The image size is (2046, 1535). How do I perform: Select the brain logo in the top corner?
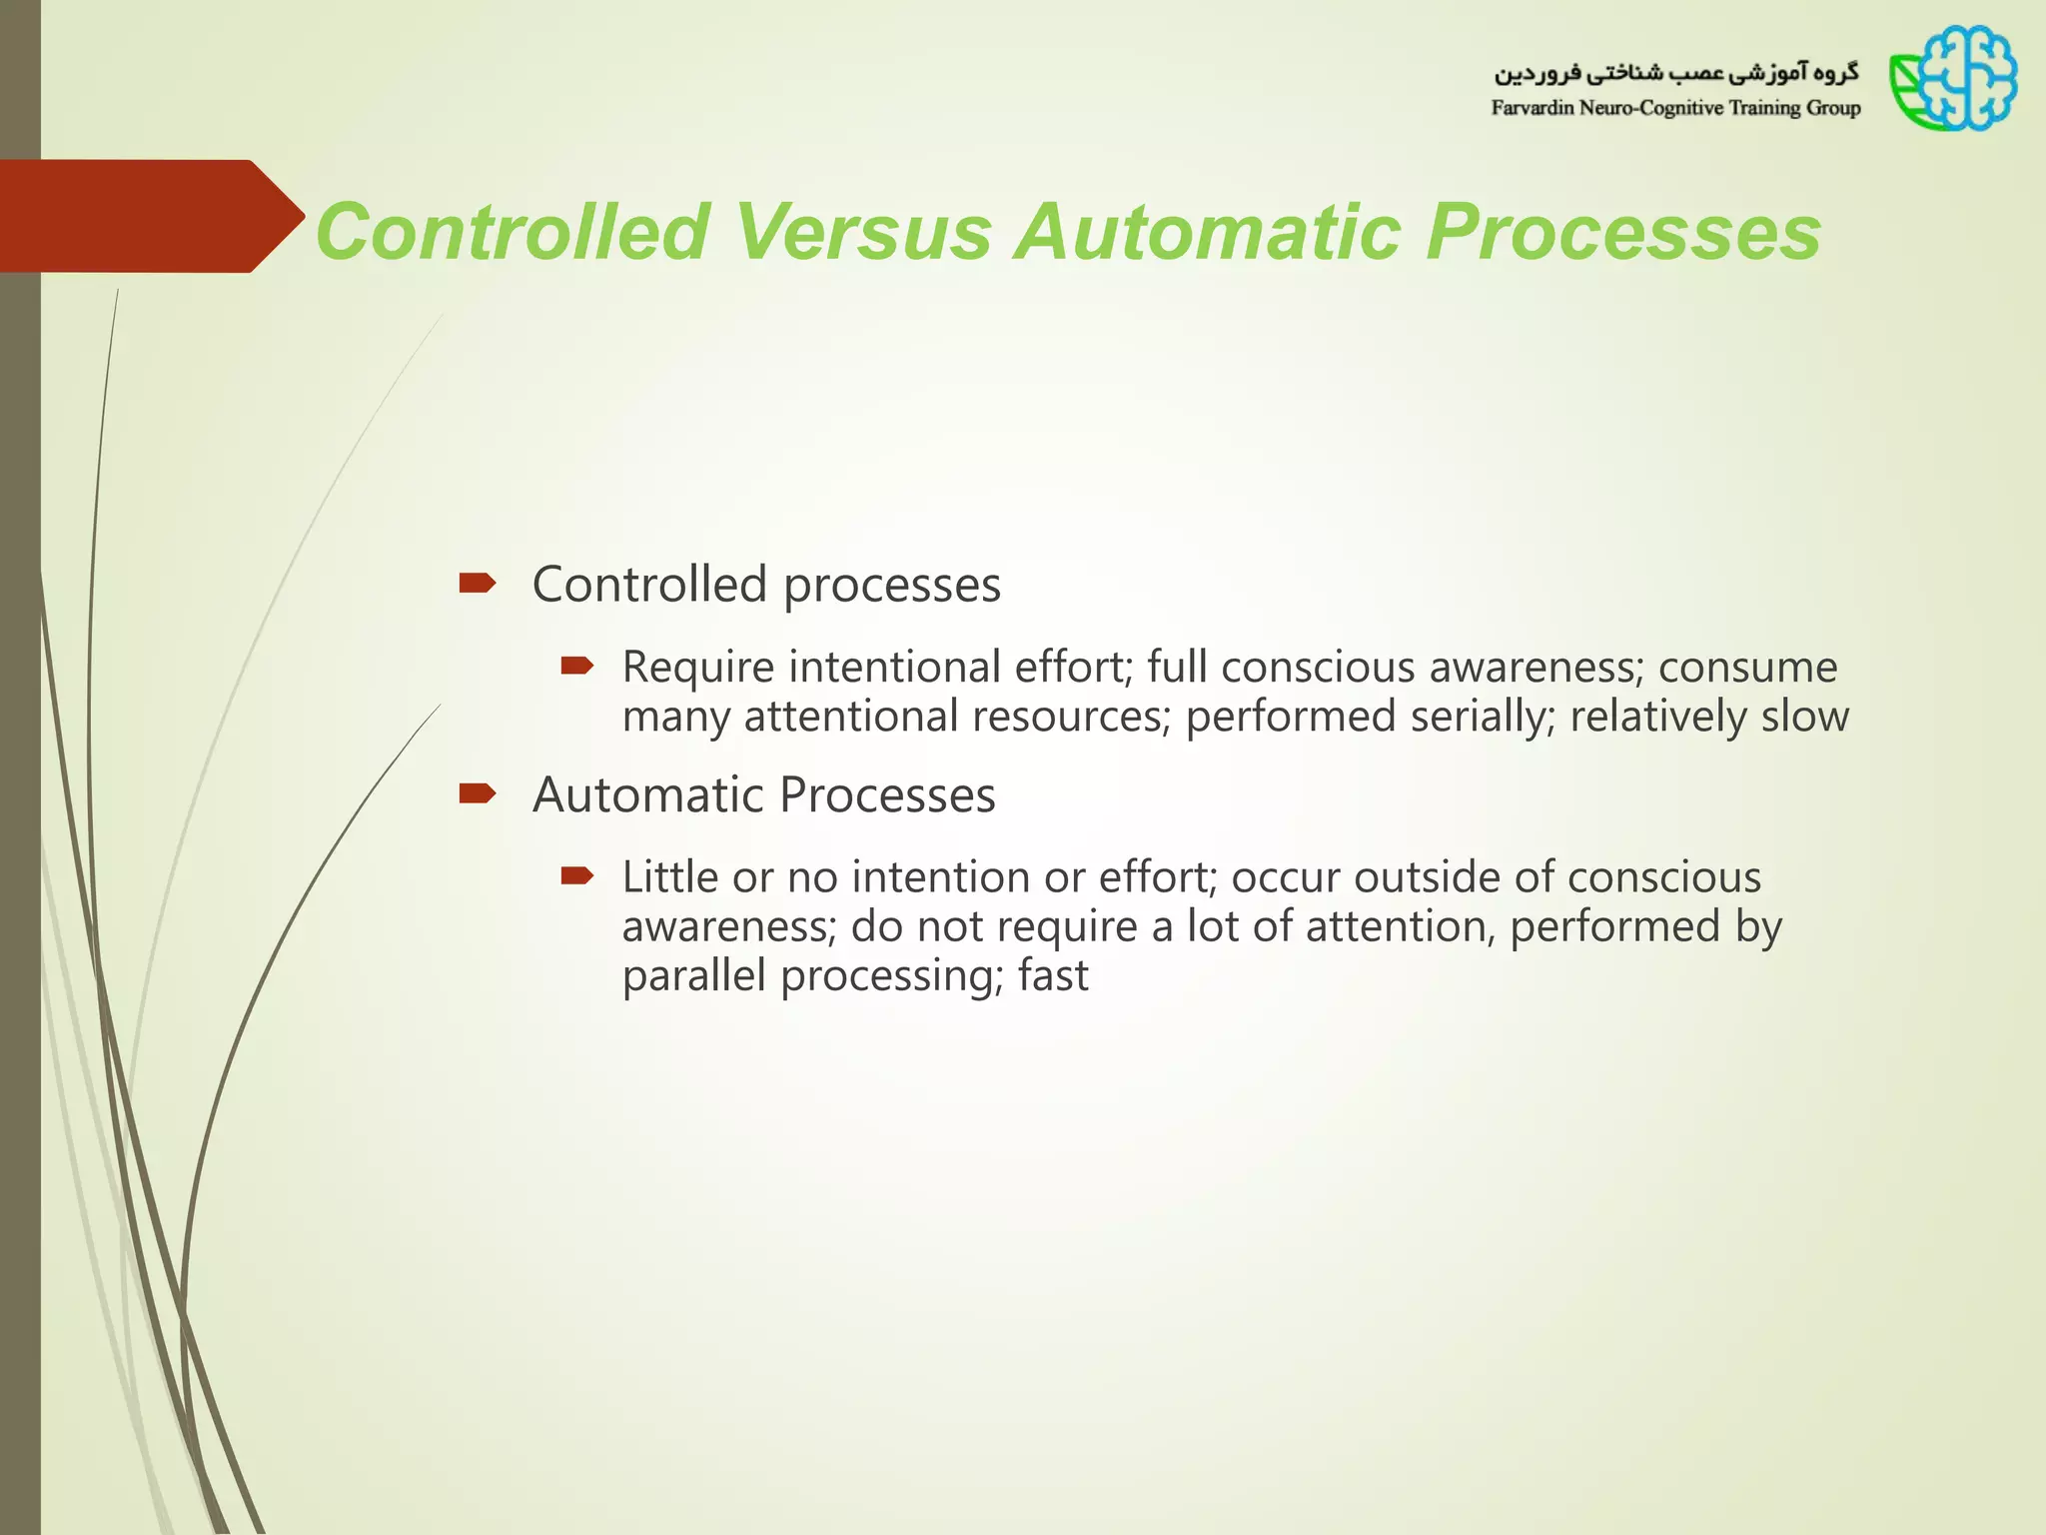(1953, 79)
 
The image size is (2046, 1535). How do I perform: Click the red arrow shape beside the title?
(150, 216)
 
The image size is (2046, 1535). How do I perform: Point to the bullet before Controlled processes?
(477, 583)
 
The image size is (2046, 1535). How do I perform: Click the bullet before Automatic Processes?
(477, 793)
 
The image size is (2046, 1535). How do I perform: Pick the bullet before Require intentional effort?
(577, 666)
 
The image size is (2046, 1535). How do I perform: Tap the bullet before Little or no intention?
(577, 876)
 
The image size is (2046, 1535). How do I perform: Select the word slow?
(1804, 717)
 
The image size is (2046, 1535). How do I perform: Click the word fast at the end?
(1053, 975)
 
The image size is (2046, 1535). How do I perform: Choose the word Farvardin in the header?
(1533, 108)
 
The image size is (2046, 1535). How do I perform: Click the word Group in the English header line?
(1833, 108)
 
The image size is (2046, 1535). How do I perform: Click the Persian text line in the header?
(1675, 73)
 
